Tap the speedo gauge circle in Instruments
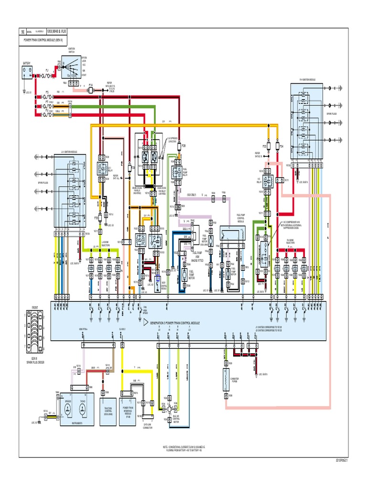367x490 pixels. pos(68,408)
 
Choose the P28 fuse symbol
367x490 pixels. pos(178,146)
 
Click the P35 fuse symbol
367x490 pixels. pos(98,218)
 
